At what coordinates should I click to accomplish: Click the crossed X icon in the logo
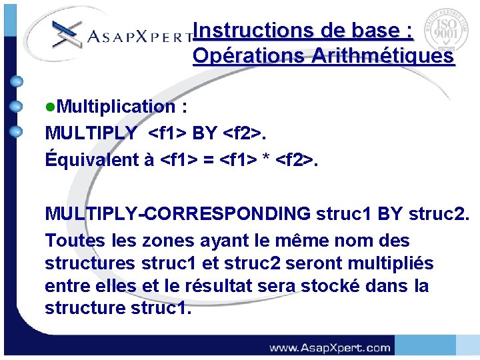(67, 33)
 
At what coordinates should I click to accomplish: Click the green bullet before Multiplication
(49, 107)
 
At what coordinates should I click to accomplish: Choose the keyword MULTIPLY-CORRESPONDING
(177, 213)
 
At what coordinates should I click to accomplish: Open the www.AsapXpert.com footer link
(329, 347)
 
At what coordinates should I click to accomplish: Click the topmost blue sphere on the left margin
(17, 82)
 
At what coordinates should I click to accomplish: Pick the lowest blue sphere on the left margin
(17, 131)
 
